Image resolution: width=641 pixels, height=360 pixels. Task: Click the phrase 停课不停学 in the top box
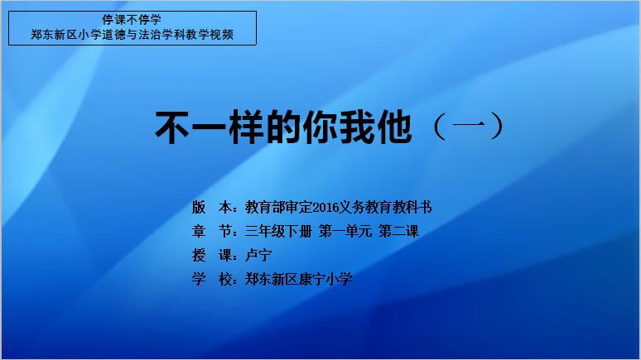tap(132, 20)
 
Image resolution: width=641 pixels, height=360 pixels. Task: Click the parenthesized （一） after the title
tap(469, 127)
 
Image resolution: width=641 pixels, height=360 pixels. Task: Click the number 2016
tap(325, 208)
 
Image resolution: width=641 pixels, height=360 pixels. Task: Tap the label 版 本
tap(212, 208)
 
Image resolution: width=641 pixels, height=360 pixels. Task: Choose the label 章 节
tap(212, 232)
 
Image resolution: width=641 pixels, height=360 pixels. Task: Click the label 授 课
tap(212, 256)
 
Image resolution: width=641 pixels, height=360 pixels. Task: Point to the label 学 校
tap(212, 280)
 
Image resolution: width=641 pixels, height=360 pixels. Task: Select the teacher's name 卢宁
tap(258, 256)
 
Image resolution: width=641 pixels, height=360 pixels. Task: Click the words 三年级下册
tap(278, 232)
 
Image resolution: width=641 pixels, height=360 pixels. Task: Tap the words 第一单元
tap(345, 232)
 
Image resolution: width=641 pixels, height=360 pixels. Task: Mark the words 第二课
tap(398, 232)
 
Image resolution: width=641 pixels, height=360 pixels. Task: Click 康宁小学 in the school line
tap(325, 280)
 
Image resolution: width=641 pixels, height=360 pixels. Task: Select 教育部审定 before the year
tap(278, 208)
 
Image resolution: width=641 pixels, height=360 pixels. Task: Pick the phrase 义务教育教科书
tap(385, 208)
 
